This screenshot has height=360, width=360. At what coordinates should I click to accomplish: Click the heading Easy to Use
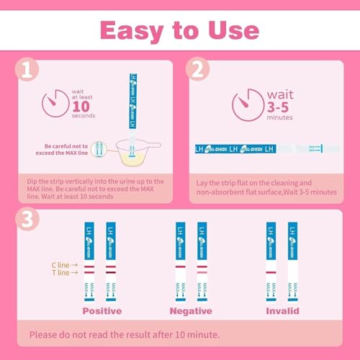(x=179, y=30)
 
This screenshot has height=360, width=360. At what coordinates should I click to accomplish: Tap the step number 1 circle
(x=27, y=71)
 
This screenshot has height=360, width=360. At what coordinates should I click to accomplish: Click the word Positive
(x=102, y=311)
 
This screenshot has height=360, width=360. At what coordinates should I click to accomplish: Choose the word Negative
(x=191, y=311)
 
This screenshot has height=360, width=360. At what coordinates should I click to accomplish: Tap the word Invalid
(x=282, y=311)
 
